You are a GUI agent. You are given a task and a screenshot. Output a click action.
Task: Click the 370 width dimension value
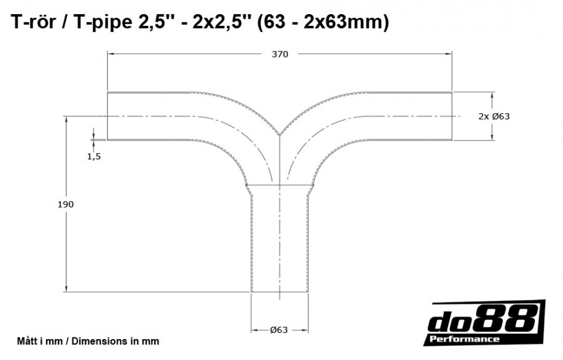(x=280, y=55)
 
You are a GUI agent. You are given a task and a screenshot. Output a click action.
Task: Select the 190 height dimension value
(x=66, y=205)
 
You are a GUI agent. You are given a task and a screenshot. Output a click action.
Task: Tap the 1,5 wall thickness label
(x=94, y=157)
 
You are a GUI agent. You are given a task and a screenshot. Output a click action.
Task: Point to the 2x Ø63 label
(x=494, y=117)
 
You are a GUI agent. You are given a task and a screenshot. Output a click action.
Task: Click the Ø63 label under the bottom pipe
(x=279, y=330)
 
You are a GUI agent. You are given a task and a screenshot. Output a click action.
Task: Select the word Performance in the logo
(x=464, y=339)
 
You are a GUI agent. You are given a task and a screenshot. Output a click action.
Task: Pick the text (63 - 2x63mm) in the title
(x=323, y=23)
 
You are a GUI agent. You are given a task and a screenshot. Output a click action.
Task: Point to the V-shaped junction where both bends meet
(x=280, y=134)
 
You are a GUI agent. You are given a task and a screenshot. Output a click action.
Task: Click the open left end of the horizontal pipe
(x=108, y=116)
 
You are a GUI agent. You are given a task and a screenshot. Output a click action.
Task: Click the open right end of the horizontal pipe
(x=452, y=116)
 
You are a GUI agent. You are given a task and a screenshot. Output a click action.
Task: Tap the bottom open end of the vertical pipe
(x=279, y=292)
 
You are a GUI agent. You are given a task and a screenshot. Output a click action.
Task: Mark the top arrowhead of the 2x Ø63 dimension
(x=493, y=95)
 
